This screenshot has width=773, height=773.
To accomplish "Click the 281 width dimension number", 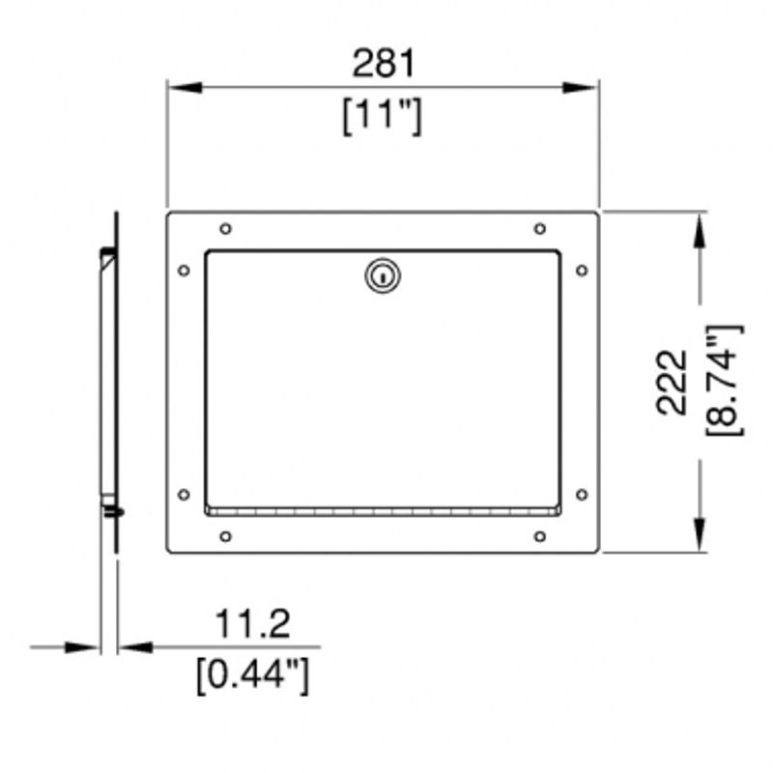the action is pos(384,63).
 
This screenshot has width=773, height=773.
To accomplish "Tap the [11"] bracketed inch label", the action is pos(383,116).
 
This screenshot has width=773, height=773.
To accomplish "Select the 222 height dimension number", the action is pos(672,382).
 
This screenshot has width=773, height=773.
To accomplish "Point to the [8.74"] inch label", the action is pos(724,380).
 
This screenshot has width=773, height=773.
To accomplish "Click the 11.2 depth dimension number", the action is pos(253,623).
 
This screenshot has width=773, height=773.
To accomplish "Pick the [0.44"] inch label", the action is pos(252,675).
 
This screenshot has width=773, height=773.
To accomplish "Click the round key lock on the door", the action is pos(383,275).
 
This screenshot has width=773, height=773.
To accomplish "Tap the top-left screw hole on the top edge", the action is pos(225,229).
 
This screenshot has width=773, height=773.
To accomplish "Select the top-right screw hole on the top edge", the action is pos(540,229).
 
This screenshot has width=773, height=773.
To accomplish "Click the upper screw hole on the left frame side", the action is pos(184,271).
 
